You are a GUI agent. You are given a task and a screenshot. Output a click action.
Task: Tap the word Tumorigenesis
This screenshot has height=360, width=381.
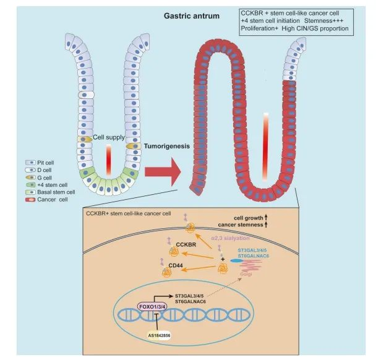(x=165, y=147)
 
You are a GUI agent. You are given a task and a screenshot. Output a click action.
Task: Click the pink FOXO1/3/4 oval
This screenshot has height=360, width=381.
(x=137, y=305)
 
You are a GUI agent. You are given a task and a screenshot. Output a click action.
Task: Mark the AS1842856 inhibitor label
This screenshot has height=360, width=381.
(x=162, y=335)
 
